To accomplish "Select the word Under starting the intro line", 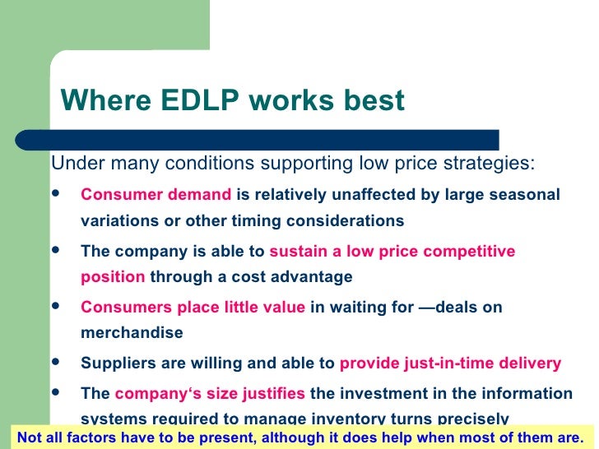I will pos(77,162).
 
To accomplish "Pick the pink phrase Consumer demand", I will pos(156,195).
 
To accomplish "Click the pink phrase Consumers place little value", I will pos(192,307).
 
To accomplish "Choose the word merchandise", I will pos(132,333).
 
